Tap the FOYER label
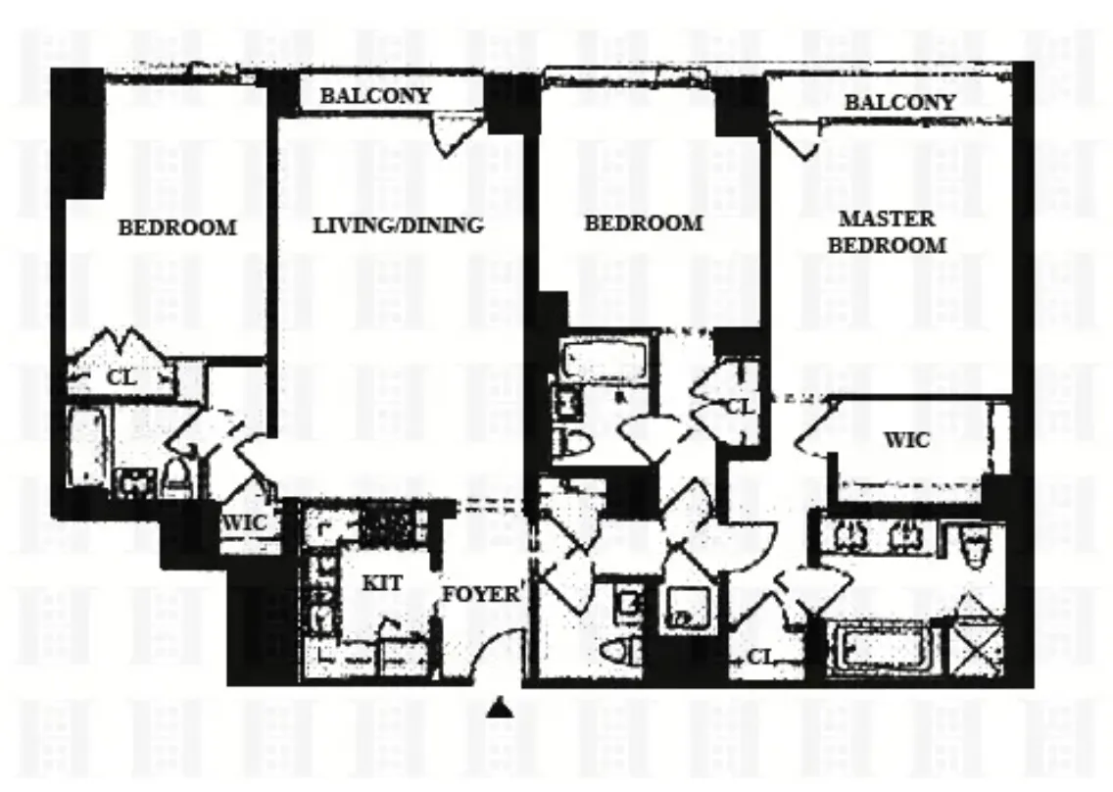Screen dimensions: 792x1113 click(479, 593)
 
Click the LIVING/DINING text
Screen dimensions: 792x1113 click(398, 224)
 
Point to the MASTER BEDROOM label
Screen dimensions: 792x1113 click(887, 231)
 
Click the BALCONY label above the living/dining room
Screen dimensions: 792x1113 click(375, 95)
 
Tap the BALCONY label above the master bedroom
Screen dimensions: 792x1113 click(899, 101)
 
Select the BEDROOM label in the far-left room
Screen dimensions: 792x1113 click(177, 226)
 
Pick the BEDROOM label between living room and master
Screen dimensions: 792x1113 click(644, 223)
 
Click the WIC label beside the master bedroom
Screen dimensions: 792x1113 click(907, 440)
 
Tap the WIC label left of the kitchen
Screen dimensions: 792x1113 click(244, 523)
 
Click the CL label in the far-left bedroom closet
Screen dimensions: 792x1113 click(121, 377)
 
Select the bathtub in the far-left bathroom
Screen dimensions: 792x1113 click(87, 446)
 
